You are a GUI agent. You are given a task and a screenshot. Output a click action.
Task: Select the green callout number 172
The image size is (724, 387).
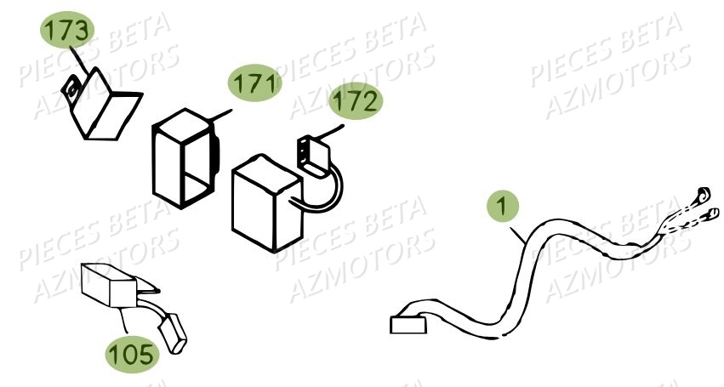(x=356, y=103)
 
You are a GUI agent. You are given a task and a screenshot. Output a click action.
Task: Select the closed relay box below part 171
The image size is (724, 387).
(x=265, y=202)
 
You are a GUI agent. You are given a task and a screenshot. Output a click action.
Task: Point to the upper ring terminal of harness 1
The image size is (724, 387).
(x=703, y=192)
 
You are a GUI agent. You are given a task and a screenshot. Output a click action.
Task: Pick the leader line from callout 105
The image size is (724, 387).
(x=125, y=322)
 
